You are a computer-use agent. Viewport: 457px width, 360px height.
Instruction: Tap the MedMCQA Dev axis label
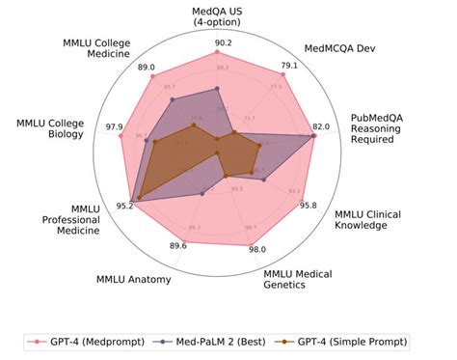coord(340,46)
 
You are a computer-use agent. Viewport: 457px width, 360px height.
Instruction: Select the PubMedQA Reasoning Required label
coord(383,127)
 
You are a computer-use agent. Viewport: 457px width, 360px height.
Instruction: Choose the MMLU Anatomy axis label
coord(134,280)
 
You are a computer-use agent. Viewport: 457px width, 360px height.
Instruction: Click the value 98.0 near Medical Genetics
coord(257,249)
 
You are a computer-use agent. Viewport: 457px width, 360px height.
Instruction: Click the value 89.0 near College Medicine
coord(147,67)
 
